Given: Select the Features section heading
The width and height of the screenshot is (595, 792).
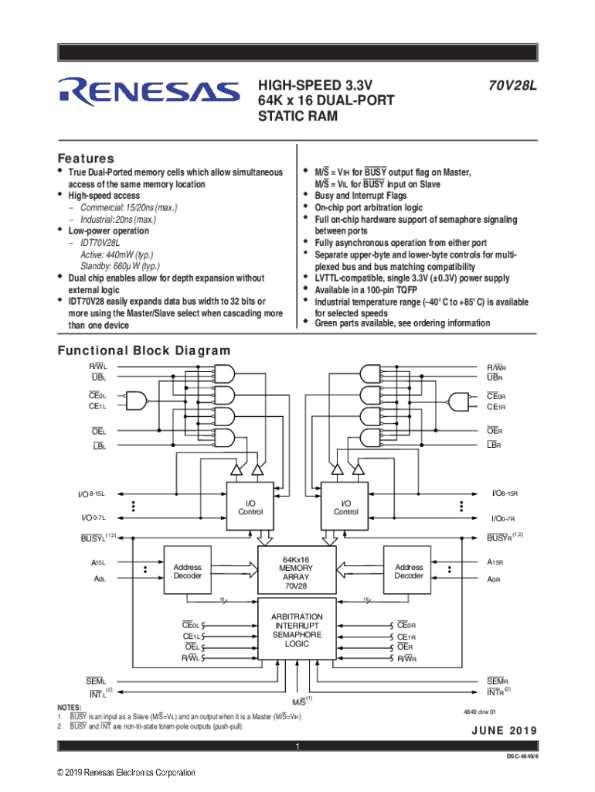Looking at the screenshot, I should click(x=87, y=158).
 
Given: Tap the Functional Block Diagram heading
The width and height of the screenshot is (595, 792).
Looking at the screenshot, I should click(x=144, y=351).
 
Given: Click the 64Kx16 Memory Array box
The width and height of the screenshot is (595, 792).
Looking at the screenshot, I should click(x=297, y=572).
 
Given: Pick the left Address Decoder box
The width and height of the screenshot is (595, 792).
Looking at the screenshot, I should click(x=188, y=571).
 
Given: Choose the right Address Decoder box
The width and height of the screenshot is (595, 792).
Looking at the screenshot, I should click(x=409, y=571).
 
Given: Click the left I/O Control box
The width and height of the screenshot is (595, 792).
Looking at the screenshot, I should click(x=250, y=507).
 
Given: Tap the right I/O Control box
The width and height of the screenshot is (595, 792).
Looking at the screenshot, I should click(x=345, y=507).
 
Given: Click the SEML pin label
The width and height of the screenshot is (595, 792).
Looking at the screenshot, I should click(x=96, y=681).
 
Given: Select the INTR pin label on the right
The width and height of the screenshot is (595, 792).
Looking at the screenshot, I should click(x=496, y=691).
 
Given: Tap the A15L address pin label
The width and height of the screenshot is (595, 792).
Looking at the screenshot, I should click(x=98, y=563).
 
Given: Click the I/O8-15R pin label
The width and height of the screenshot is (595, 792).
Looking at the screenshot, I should click(x=505, y=493).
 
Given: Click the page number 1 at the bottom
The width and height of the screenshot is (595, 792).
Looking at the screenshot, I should click(x=297, y=747).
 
